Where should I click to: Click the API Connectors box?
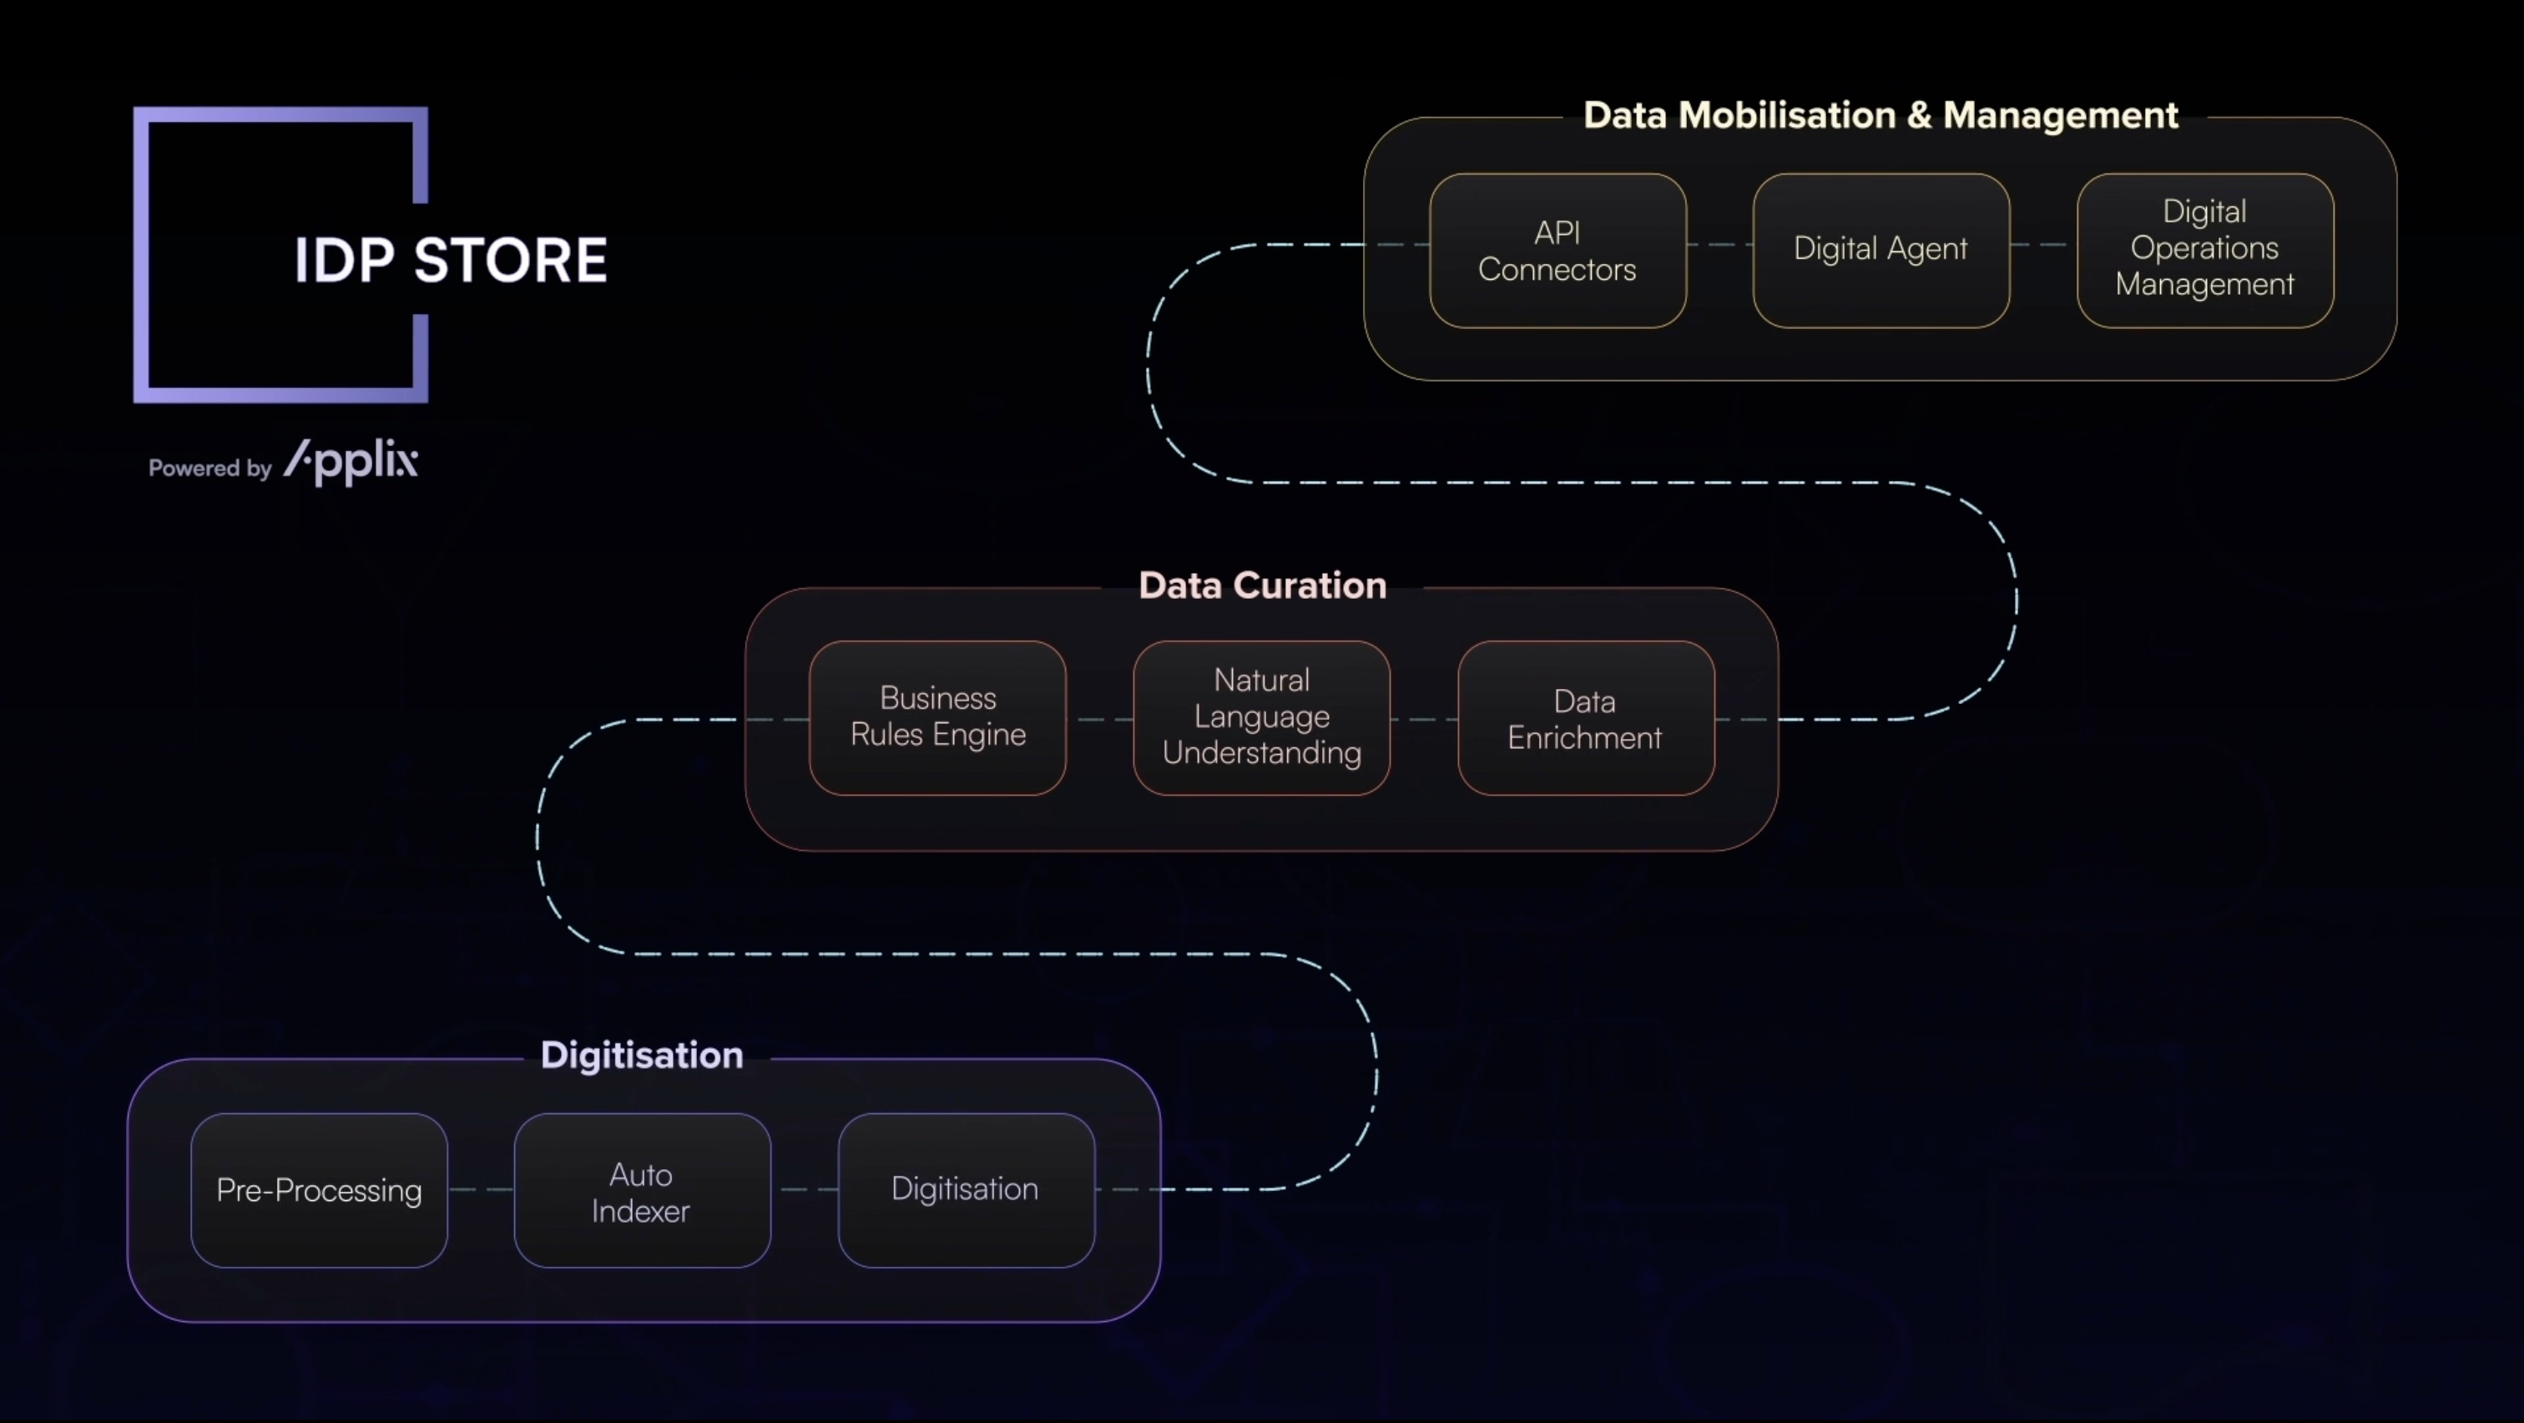[1557, 251]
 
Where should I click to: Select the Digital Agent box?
[1880, 250]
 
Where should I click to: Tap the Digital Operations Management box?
[2204, 250]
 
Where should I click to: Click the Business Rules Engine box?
[937, 717]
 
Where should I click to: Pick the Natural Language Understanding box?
[1261, 717]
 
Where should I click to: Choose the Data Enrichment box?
[1585, 718]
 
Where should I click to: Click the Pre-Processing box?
[320, 1190]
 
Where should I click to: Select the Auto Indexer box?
[642, 1191]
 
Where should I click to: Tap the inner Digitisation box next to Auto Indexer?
[965, 1190]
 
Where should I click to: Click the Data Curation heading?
[1262, 586]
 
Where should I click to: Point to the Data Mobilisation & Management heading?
[1880, 115]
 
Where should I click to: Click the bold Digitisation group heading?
[642, 1056]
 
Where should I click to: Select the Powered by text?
[209, 468]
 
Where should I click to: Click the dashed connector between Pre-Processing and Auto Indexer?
[481, 1189]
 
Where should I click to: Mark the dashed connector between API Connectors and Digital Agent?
[1719, 245]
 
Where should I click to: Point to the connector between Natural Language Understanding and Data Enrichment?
[1424, 719]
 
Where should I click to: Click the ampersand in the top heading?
[1919, 115]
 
